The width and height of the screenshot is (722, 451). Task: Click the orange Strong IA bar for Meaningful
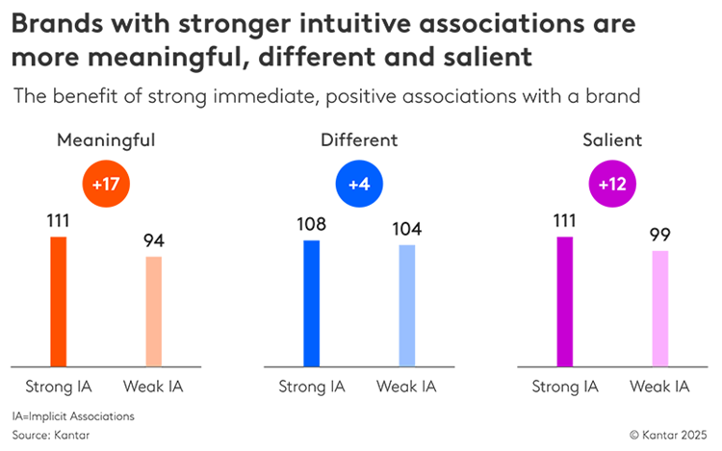tap(58, 301)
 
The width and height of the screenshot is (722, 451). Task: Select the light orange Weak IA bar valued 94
tap(154, 311)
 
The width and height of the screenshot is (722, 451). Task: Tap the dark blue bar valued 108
tap(311, 303)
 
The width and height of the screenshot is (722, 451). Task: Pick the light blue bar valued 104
tap(407, 306)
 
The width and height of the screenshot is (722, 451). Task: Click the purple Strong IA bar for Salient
tap(564, 301)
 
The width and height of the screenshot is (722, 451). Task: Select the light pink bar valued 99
tap(660, 308)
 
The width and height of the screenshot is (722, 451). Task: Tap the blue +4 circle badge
tap(359, 183)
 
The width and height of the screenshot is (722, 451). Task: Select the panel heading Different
tap(359, 140)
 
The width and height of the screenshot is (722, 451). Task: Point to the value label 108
tap(311, 225)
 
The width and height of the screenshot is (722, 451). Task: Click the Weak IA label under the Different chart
tap(407, 387)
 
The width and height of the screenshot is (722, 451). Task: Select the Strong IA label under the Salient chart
tap(564, 387)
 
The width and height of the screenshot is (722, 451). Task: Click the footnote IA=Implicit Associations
tap(73, 416)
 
